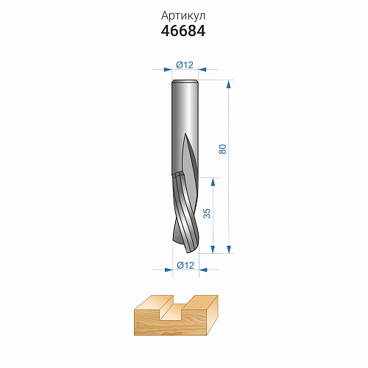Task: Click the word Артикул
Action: [183, 16]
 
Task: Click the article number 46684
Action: [183, 31]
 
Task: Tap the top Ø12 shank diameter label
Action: [185, 65]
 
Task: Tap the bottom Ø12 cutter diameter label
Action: [185, 265]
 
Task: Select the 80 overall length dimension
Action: [222, 149]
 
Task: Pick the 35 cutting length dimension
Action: [207, 213]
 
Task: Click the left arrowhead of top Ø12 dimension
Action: [168, 69]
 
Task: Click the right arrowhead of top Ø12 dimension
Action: [202, 69]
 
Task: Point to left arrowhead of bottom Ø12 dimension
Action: [169, 270]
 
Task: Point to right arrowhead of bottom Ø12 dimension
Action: [203, 270]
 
